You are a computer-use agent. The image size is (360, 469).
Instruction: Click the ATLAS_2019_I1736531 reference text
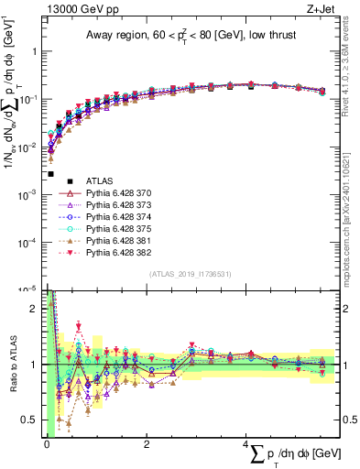click(x=190, y=274)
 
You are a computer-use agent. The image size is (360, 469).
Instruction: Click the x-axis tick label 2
click(x=147, y=444)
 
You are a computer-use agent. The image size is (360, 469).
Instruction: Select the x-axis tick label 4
click(x=245, y=444)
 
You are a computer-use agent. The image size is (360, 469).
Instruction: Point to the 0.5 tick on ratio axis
click(x=30, y=420)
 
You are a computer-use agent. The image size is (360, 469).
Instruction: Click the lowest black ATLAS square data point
click(x=51, y=173)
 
